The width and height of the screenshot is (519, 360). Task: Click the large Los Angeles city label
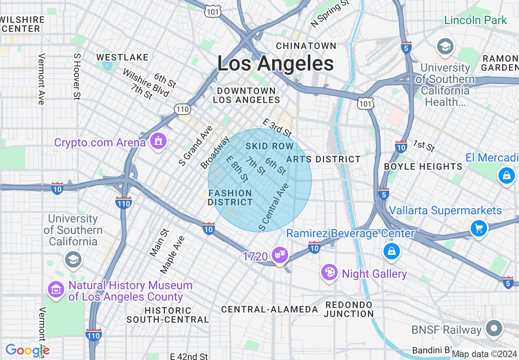[x=275, y=64]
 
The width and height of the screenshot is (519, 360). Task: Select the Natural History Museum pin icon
[x=56, y=289]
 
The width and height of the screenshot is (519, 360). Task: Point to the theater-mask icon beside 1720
[x=280, y=255]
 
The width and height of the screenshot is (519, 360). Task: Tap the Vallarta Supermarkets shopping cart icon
[x=478, y=228]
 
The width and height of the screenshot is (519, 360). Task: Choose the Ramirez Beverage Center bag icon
[x=392, y=251]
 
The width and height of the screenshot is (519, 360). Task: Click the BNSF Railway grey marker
[x=494, y=328]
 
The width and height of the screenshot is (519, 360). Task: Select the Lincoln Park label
[x=475, y=20]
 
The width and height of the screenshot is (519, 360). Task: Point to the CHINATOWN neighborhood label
[x=306, y=46]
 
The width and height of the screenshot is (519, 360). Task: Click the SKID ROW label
[x=270, y=146]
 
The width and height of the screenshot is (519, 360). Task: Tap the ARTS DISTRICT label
[x=323, y=159]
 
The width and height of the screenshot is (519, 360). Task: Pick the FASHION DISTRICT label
[x=230, y=198]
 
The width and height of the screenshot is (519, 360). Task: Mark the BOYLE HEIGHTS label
[x=423, y=166]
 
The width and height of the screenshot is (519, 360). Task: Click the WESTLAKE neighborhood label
[x=122, y=57]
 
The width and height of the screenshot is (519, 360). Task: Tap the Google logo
[x=27, y=350]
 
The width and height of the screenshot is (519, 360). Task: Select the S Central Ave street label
[x=274, y=207]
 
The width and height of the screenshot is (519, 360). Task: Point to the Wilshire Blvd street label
[x=146, y=83]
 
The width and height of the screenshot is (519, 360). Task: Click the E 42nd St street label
[x=189, y=356]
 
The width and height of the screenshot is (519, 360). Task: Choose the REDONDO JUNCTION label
[x=349, y=309]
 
